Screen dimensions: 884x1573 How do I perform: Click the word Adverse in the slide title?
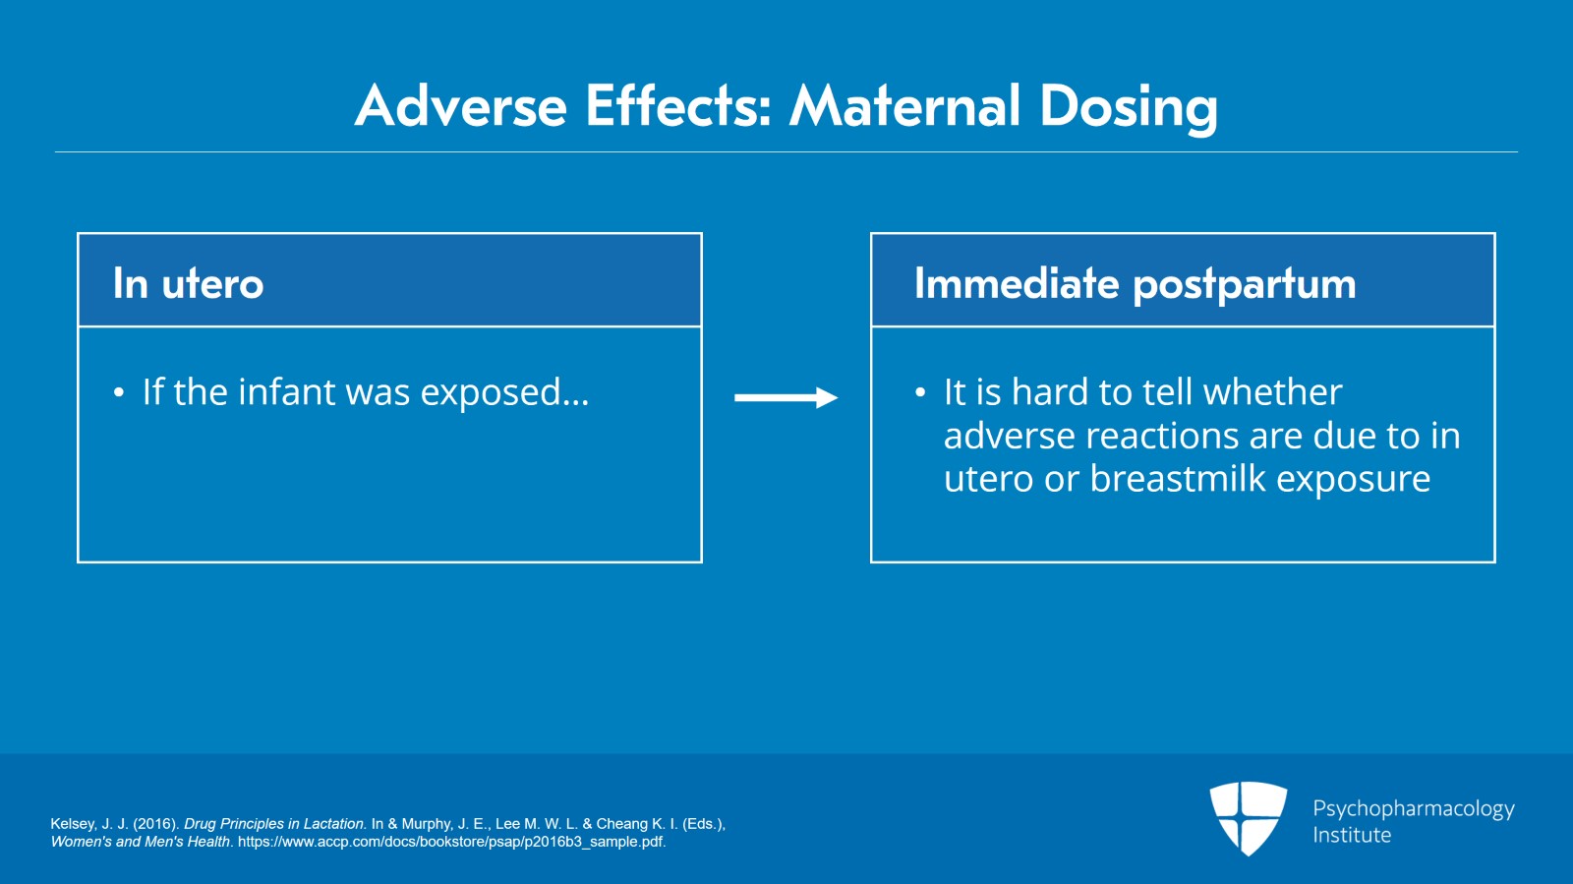461,106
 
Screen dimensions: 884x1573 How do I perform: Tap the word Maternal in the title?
905,106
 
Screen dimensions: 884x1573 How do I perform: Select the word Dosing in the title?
1128,108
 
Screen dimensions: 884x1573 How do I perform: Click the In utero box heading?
188,284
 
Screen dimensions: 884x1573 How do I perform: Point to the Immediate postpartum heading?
1135,284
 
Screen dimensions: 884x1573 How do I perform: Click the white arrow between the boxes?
786,397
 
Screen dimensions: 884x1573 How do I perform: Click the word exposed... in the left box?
504,393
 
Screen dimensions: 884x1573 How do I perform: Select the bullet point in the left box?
119,394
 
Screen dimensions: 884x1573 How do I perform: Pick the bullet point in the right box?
920,394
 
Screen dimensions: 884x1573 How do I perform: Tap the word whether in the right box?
1272,392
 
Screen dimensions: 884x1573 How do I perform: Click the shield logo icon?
1248,816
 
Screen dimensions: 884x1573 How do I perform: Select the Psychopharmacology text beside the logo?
1413,809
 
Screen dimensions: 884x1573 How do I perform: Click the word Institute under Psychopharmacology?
1352,835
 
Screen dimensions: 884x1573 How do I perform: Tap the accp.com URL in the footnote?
451,842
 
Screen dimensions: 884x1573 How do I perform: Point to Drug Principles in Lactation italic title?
274,824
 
